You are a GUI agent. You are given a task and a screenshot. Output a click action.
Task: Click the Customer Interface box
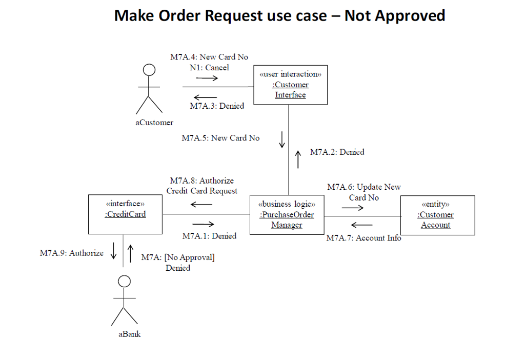click(290, 85)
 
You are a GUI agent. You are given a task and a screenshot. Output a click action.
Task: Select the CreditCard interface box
click(125, 214)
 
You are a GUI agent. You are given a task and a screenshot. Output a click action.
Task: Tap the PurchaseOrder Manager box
click(287, 214)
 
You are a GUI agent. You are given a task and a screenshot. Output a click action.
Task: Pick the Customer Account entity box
click(437, 215)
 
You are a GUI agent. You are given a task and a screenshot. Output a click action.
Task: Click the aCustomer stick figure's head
click(149, 70)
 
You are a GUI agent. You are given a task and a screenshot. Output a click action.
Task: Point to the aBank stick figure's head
click(125, 281)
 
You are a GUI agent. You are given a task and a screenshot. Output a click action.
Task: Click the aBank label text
click(129, 334)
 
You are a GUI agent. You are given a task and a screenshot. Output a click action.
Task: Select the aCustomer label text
click(154, 123)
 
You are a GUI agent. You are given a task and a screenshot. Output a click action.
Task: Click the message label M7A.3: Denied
click(217, 106)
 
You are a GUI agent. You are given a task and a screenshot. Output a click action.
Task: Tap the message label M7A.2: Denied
click(337, 152)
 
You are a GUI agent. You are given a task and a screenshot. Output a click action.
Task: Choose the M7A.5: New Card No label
click(220, 138)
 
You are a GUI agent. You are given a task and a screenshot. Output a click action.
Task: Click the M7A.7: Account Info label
click(364, 238)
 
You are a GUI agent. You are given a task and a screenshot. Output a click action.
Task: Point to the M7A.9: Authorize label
click(71, 253)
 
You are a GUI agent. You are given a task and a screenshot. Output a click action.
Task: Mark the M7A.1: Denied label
click(209, 236)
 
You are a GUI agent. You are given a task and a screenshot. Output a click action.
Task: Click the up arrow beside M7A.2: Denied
click(298, 159)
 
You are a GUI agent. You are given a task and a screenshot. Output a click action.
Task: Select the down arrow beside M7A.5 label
click(281, 139)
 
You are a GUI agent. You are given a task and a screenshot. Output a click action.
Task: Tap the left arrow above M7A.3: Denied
click(206, 97)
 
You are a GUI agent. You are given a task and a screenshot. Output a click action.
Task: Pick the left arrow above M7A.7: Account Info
click(361, 225)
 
